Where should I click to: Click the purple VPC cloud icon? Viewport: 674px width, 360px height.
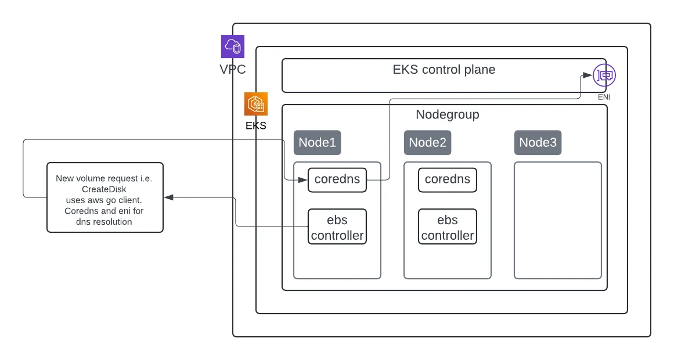pos(233,46)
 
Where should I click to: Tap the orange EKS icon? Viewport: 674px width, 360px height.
pos(256,104)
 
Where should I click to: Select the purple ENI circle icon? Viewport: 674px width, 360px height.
pos(604,75)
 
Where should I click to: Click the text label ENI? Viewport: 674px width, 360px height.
pos(604,97)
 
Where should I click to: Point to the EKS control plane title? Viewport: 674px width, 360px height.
pos(444,70)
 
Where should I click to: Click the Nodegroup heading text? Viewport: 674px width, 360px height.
pos(448,114)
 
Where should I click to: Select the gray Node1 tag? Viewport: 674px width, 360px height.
pos(317,143)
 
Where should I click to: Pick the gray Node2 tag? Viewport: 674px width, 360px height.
pos(427,143)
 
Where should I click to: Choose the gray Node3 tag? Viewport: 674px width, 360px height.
pos(538,143)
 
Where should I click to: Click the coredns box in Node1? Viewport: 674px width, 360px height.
pos(337,180)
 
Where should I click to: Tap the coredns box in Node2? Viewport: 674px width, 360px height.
pos(448,180)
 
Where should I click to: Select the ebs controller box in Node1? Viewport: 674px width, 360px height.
pos(337,226)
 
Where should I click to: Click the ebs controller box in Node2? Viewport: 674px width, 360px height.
pos(448,226)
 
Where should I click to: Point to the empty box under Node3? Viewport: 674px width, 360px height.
pos(558,220)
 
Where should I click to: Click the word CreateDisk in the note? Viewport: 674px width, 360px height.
pos(104,189)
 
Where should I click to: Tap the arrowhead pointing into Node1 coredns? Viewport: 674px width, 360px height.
pos(304,180)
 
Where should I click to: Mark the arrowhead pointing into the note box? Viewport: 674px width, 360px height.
pos(168,197)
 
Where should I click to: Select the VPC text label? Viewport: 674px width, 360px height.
pos(233,69)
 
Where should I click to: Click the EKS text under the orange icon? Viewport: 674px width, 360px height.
pos(256,125)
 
